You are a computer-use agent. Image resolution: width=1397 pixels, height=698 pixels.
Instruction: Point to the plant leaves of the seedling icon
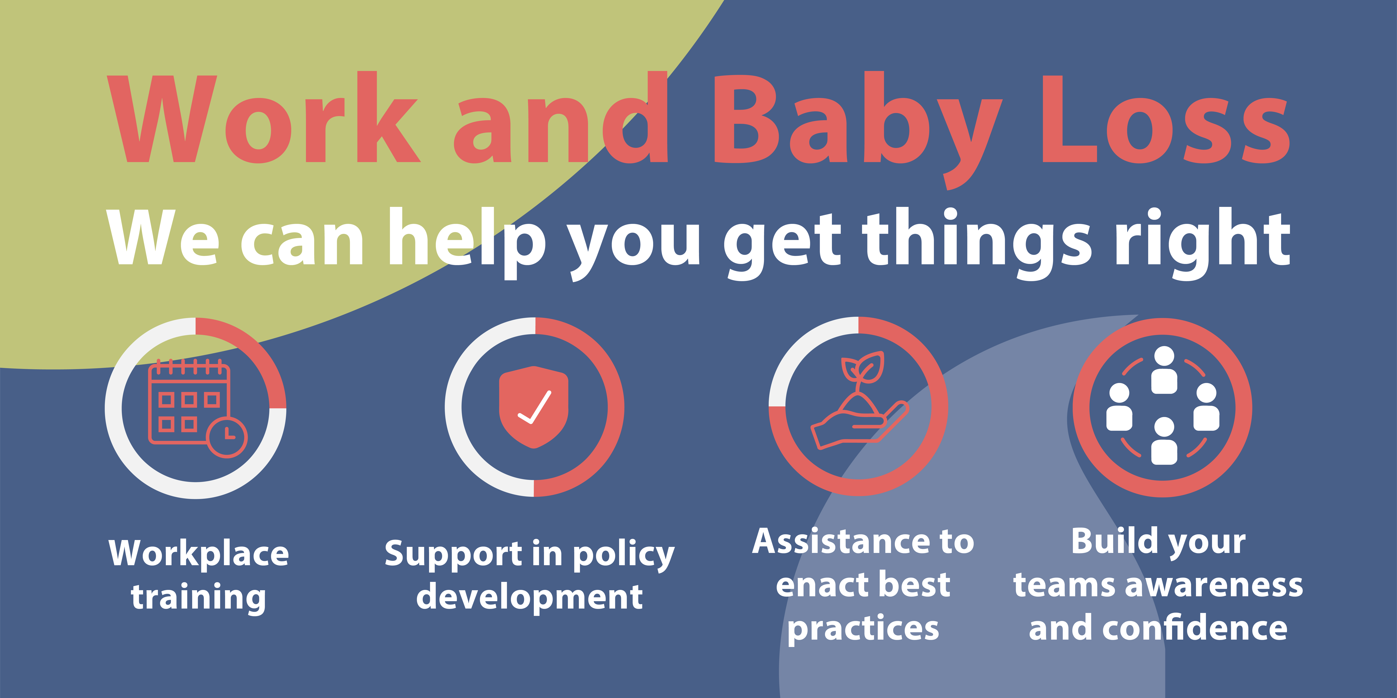point(862,367)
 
